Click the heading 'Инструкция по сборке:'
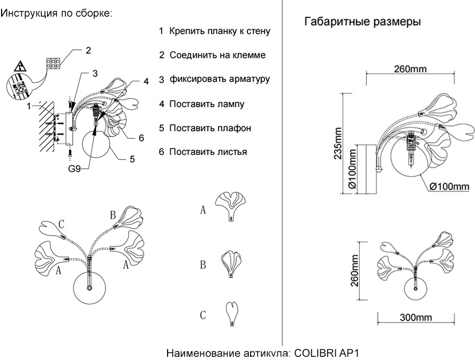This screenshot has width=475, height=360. point(57,13)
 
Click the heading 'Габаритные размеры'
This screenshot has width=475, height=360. point(362,22)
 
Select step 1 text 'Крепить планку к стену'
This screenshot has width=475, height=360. point(220,31)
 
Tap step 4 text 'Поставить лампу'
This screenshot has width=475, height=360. point(207,104)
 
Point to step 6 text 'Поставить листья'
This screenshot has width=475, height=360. point(208,152)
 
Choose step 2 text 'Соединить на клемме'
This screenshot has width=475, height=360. point(217,55)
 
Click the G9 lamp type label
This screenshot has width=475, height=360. point(74,169)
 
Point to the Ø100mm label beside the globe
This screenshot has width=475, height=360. point(449,186)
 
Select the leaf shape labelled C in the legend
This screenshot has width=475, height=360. point(231,313)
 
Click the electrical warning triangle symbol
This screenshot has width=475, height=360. point(20,67)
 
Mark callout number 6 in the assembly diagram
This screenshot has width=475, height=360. point(141,138)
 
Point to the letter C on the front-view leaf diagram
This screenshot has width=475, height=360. point(62,223)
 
